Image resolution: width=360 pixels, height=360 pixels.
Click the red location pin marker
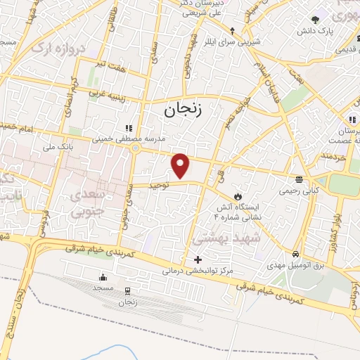(181, 165)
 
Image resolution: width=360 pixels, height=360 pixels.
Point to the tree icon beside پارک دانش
(316, 19)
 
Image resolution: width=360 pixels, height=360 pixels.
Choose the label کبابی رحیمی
(300, 190)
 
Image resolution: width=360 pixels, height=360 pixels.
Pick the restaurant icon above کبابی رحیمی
(300, 179)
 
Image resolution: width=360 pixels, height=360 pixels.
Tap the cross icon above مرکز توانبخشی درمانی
(198, 259)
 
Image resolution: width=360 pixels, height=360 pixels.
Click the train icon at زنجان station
(127, 290)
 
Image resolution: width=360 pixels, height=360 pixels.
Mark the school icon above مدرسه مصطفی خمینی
(128, 128)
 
